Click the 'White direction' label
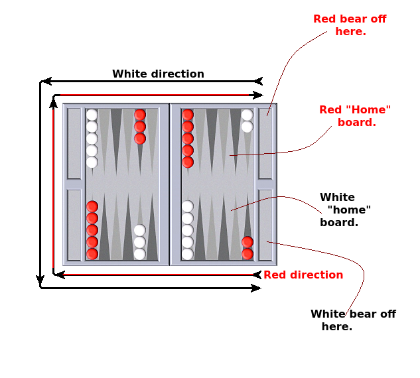pyautogui.click(x=158, y=74)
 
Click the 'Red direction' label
pyautogui.click(x=303, y=275)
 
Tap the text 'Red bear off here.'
pyautogui.click(x=350, y=25)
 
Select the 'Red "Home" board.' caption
pyautogui.click(x=355, y=116)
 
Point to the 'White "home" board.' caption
pyautogui.click(x=342, y=210)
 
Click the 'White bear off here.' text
pyautogui.click(x=352, y=320)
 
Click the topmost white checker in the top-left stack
pyautogui.click(x=92, y=115)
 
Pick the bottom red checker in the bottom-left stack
pyautogui.click(x=92, y=253)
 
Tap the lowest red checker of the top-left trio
pyautogui.click(x=140, y=139)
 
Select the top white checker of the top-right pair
pyautogui.click(x=247, y=115)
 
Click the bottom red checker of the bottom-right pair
pyautogui.click(x=247, y=253)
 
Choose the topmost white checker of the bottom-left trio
pyautogui.click(x=139, y=230)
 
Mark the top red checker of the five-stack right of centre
pyautogui.click(x=188, y=115)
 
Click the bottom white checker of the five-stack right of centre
pyautogui.click(x=188, y=253)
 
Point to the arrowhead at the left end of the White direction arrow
pyautogui.click(x=42, y=82)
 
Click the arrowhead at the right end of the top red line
pyautogui.click(x=259, y=95)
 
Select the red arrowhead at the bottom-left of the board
pyautogui.click(x=58, y=275)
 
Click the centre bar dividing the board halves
pyautogui.click(x=170, y=184)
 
